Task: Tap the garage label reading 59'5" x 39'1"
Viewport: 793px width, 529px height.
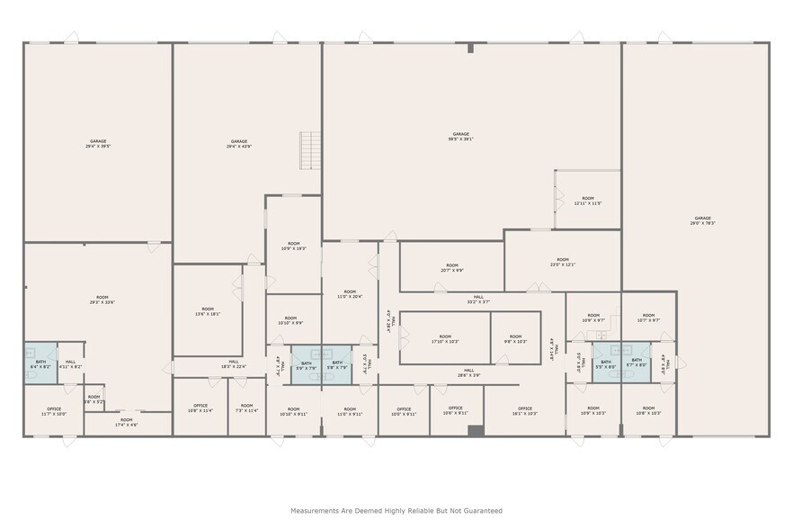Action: [461, 137]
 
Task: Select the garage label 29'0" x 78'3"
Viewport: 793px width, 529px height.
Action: [702, 220]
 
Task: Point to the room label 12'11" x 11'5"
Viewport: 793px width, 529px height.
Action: [587, 201]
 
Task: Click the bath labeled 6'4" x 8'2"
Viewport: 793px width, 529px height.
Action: [41, 364]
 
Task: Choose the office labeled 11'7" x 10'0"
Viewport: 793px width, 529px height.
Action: [54, 411]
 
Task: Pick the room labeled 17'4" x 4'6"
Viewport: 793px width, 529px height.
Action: [127, 422]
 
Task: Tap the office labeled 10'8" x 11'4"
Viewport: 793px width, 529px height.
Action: [200, 408]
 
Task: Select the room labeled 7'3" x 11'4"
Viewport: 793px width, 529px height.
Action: [246, 408]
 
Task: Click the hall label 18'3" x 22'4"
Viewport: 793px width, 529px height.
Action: [233, 364]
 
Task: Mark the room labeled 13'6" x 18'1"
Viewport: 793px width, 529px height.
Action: [208, 311]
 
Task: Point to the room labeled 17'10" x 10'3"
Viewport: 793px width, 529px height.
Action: [445, 339]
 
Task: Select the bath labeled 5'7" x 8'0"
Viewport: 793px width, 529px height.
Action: [637, 363]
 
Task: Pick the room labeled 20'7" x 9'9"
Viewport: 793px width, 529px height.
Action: [451, 267]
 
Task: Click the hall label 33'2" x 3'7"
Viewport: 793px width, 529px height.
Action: [478, 299]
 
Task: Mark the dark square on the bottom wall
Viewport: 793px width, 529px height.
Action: [476, 431]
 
